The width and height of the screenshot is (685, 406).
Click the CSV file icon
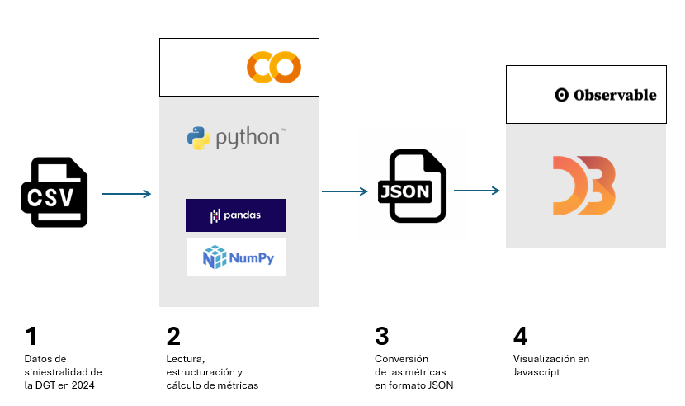click(54, 192)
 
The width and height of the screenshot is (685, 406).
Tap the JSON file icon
click(412, 186)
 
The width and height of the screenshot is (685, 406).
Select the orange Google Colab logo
click(274, 67)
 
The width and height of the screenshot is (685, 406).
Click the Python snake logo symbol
click(198, 138)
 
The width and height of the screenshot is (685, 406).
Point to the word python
click(248, 138)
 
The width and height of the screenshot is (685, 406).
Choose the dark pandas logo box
click(235, 215)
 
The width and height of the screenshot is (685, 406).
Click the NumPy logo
click(236, 257)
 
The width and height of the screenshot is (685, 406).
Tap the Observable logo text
click(605, 95)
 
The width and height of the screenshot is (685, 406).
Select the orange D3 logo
click(583, 186)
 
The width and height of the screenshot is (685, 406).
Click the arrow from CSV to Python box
click(125, 194)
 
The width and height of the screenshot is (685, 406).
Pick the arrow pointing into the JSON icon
click(344, 191)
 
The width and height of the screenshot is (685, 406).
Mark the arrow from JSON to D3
click(476, 191)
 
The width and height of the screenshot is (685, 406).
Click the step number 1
click(31, 337)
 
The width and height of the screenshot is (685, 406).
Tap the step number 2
click(173, 337)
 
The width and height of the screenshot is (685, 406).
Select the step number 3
click(381, 337)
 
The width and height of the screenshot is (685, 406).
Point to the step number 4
click(520, 337)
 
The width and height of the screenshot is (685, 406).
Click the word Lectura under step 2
click(185, 359)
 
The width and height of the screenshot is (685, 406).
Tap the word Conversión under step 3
click(402, 359)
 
